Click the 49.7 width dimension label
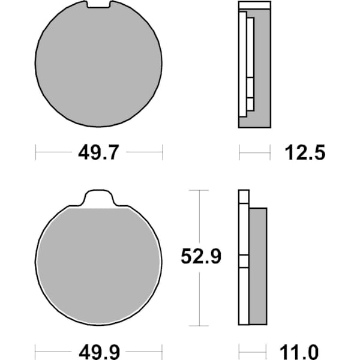point(99,152)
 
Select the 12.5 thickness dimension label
point(305,152)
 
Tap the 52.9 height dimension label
point(201,256)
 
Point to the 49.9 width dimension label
point(99,352)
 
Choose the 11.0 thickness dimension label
point(299,352)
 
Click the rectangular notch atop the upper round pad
point(99,4)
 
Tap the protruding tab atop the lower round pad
point(99,198)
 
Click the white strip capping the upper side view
point(254,5)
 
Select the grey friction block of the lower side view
point(258,266)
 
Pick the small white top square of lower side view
point(244,197)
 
